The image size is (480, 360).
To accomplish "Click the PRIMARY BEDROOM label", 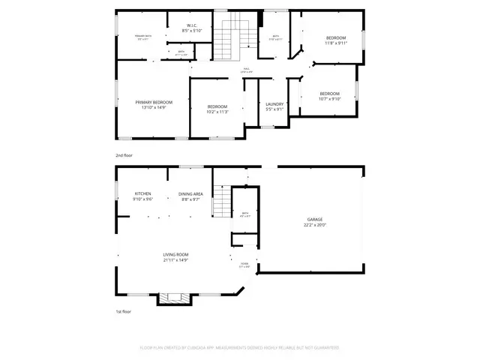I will point(154,102).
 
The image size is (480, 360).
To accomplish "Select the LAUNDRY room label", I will point(275,104).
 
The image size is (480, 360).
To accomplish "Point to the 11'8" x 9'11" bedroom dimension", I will point(336,43).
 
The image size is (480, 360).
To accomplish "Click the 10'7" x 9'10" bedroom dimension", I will point(330,98).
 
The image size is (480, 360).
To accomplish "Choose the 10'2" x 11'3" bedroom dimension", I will point(217,112).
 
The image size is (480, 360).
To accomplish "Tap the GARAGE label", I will point(315,219).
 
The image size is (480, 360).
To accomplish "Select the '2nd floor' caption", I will point(124,155).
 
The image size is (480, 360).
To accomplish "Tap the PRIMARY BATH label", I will point(143,37).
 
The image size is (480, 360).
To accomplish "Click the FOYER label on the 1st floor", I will point(244,264).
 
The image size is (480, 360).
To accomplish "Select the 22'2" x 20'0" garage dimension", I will point(315,224).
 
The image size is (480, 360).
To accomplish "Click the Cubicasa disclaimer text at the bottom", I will point(240,347).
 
